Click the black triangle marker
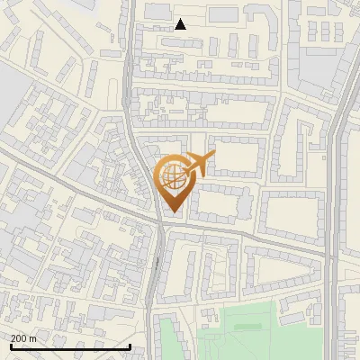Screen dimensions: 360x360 click(181, 24)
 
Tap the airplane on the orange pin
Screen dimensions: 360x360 click(195, 166)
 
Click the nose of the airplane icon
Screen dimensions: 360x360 click(213, 157)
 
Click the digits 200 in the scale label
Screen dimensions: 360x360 click(18, 337)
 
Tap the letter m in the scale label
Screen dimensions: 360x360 click(32, 337)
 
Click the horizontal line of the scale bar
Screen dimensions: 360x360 click(70, 346)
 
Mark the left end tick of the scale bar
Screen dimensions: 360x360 click(10, 345)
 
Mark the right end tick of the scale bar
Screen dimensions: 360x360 click(130, 345)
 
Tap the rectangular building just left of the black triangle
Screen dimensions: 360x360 click(158, 11)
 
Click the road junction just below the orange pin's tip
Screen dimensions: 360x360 click(162, 224)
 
